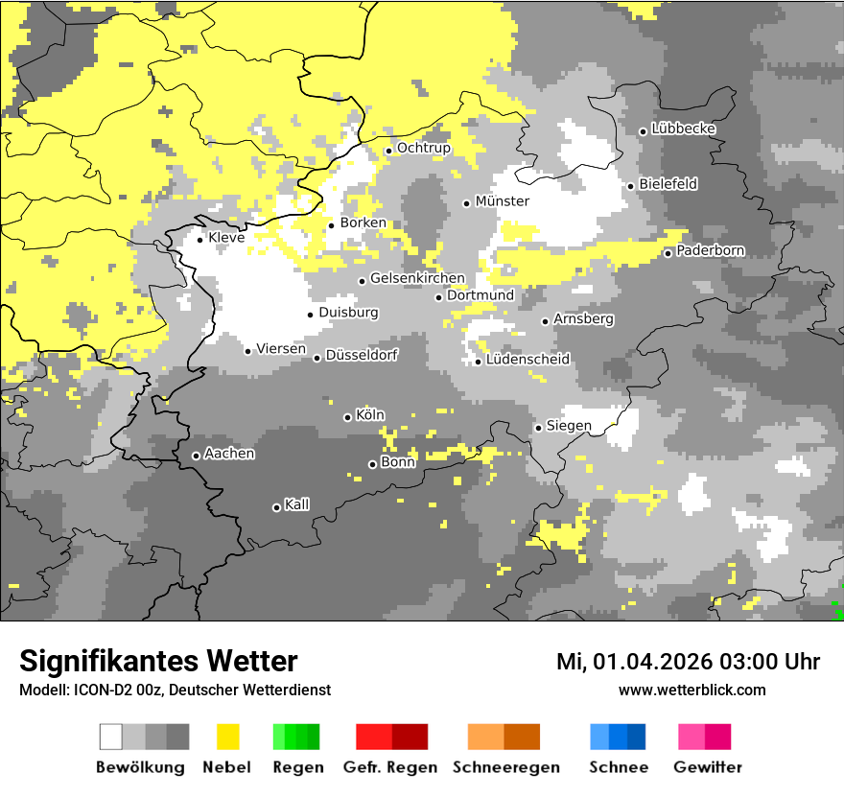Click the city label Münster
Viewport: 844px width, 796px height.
click(x=502, y=201)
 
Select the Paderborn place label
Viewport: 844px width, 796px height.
click(x=710, y=251)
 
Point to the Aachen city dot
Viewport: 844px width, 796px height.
click(x=196, y=456)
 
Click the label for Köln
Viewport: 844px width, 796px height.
click(x=369, y=415)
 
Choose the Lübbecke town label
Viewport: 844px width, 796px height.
click(x=683, y=129)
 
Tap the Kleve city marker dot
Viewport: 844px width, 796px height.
click(x=199, y=239)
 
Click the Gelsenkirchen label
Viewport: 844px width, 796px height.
click(x=417, y=279)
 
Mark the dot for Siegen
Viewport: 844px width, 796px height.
click(x=538, y=428)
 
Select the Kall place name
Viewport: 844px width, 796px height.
click(x=296, y=504)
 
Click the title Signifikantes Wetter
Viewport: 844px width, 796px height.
click(x=158, y=662)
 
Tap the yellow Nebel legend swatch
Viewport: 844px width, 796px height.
click(x=227, y=737)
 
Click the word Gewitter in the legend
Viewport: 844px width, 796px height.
click(x=707, y=767)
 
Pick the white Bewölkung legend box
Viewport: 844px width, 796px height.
click(x=111, y=737)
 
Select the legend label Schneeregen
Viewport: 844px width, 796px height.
click(x=505, y=767)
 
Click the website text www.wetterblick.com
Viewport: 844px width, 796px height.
click(x=692, y=690)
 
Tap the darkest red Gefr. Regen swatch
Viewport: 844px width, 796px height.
click(x=410, y=737)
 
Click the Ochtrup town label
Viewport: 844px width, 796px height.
click(x=423, y=149)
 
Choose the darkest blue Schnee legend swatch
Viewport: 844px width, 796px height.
click(x=637, y=737)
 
